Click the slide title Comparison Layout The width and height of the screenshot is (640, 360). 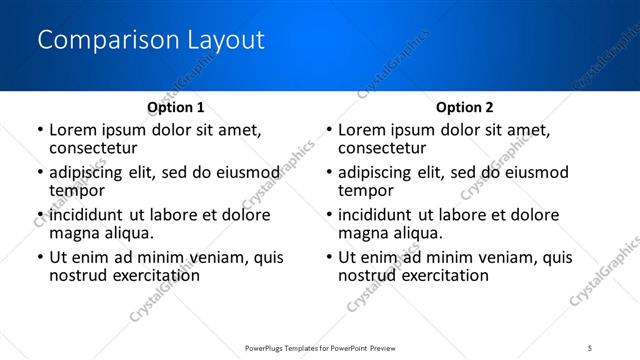point(151,40)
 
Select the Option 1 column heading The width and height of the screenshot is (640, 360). point(176,107)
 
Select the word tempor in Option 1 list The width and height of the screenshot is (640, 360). point(77,190)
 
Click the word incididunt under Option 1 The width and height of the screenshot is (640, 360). point(87,215)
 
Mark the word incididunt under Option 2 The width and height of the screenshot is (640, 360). point(377,215)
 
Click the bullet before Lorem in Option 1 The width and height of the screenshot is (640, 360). point(40,131)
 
